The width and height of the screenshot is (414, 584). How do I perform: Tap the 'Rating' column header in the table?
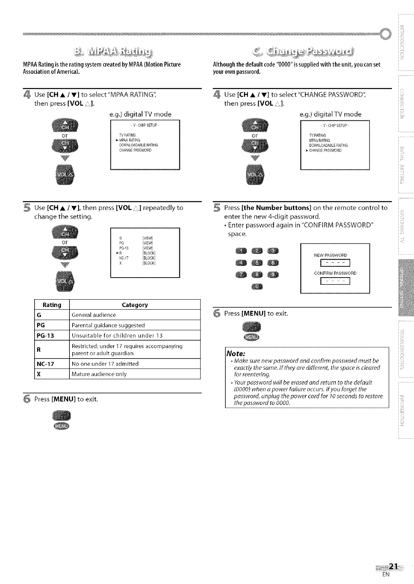click(x=52, y=305)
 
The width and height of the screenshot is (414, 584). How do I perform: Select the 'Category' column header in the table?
click(x=135, y=305)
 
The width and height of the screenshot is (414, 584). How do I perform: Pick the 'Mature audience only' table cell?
click(x=99, y=374)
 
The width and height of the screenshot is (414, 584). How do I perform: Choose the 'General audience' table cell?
click(x=93, y=315)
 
